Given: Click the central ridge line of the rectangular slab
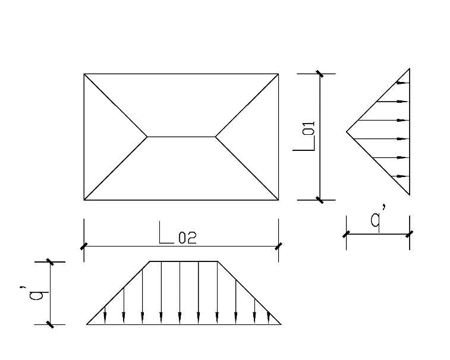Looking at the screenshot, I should [x=181, y=137].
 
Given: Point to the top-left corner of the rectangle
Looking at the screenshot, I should [x=84, y=74].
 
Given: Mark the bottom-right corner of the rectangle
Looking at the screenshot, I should [x=278, y=200].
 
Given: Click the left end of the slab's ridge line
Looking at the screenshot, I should [x=147, y=137].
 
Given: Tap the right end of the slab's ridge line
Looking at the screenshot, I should [x=215, y=137].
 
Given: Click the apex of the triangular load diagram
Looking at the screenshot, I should [x=347, y=131].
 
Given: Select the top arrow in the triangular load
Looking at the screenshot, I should [x=402, y=83].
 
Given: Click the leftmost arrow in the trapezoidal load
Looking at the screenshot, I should [x=105, y=315].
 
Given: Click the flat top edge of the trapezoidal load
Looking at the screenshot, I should [x=183, y=261].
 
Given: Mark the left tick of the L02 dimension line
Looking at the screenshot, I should [x=84, y=245].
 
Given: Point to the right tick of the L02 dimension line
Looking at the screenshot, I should [x=278, y=245].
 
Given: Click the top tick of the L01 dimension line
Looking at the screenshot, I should [x=320, y=74].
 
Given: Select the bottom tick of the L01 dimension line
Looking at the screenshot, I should [x=320, y=200].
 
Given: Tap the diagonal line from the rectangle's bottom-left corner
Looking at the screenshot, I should [x=115, y=169].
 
